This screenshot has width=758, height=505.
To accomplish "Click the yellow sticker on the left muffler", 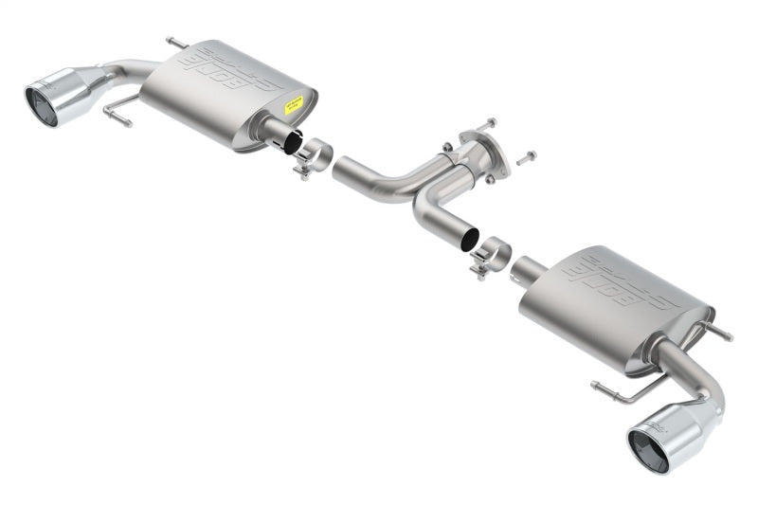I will [294, 105].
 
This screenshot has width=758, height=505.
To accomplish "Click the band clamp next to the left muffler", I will [313, 157].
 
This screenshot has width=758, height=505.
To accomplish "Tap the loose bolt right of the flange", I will [526, 156].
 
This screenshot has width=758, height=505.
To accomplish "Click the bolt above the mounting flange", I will [484, 124].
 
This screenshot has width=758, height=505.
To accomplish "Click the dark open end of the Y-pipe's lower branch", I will [470, 241].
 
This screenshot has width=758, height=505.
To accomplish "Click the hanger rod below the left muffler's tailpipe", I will [119, 110].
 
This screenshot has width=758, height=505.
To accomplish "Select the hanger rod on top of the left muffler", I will [176, 44].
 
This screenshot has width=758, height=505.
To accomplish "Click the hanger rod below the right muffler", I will [624, 388].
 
